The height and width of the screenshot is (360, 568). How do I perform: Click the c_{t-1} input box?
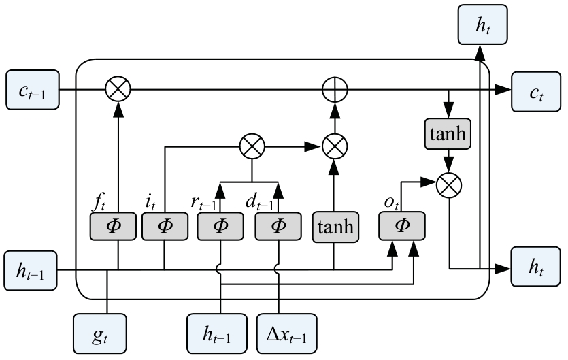click(x=32, y=89)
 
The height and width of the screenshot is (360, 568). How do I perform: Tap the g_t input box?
click(x=99, y=334)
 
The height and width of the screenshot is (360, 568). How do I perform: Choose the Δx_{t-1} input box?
click(x=286, y=334)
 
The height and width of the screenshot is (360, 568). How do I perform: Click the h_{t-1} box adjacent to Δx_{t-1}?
click(x=216, y=334)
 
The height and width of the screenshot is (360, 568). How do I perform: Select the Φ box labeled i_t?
click(x=164, y=226)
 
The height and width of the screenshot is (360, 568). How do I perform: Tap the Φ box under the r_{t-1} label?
click(x=220, y=226)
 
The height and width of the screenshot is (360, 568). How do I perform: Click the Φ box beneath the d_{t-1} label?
click(x=278, y=226)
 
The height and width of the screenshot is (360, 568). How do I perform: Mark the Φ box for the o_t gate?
click(x=402, y=226)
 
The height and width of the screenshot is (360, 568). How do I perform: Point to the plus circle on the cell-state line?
click(x=334, y=89)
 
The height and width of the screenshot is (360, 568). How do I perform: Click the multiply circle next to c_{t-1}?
click(x=117, y=89)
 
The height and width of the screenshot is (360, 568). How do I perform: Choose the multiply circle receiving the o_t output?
click(x=449, y=182)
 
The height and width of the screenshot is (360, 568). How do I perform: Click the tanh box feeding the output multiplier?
click(x=446, y=133)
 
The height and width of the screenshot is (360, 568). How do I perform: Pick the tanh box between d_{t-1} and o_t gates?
click(x=333, y=226)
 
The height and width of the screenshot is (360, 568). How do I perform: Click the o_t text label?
click(x=392, y=203)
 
